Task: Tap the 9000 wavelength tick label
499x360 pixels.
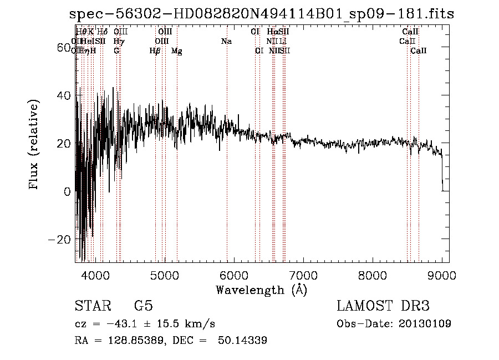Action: pyautogui.click(x=442, y=275)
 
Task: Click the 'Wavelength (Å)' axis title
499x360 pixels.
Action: pyautogui.click(x=261, y=290)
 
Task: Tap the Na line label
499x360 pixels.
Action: pyautogui.click(x=226, y=41)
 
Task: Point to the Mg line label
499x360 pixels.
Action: pyautogui.click(x=177, y=51)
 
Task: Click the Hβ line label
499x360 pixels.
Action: pyautogui.click(x=155, y=51)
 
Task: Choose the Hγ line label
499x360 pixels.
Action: pyautogui.click(x=119, y=41)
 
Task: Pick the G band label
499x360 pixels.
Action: pyautogui.click(x=116, y=51)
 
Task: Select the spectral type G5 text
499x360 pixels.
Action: pyautogui.click(x=143, y=306)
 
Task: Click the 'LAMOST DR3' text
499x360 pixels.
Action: pyautogui.click(x=383, y=306)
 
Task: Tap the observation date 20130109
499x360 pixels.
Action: pyautogui.click(x=427, y=323)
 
